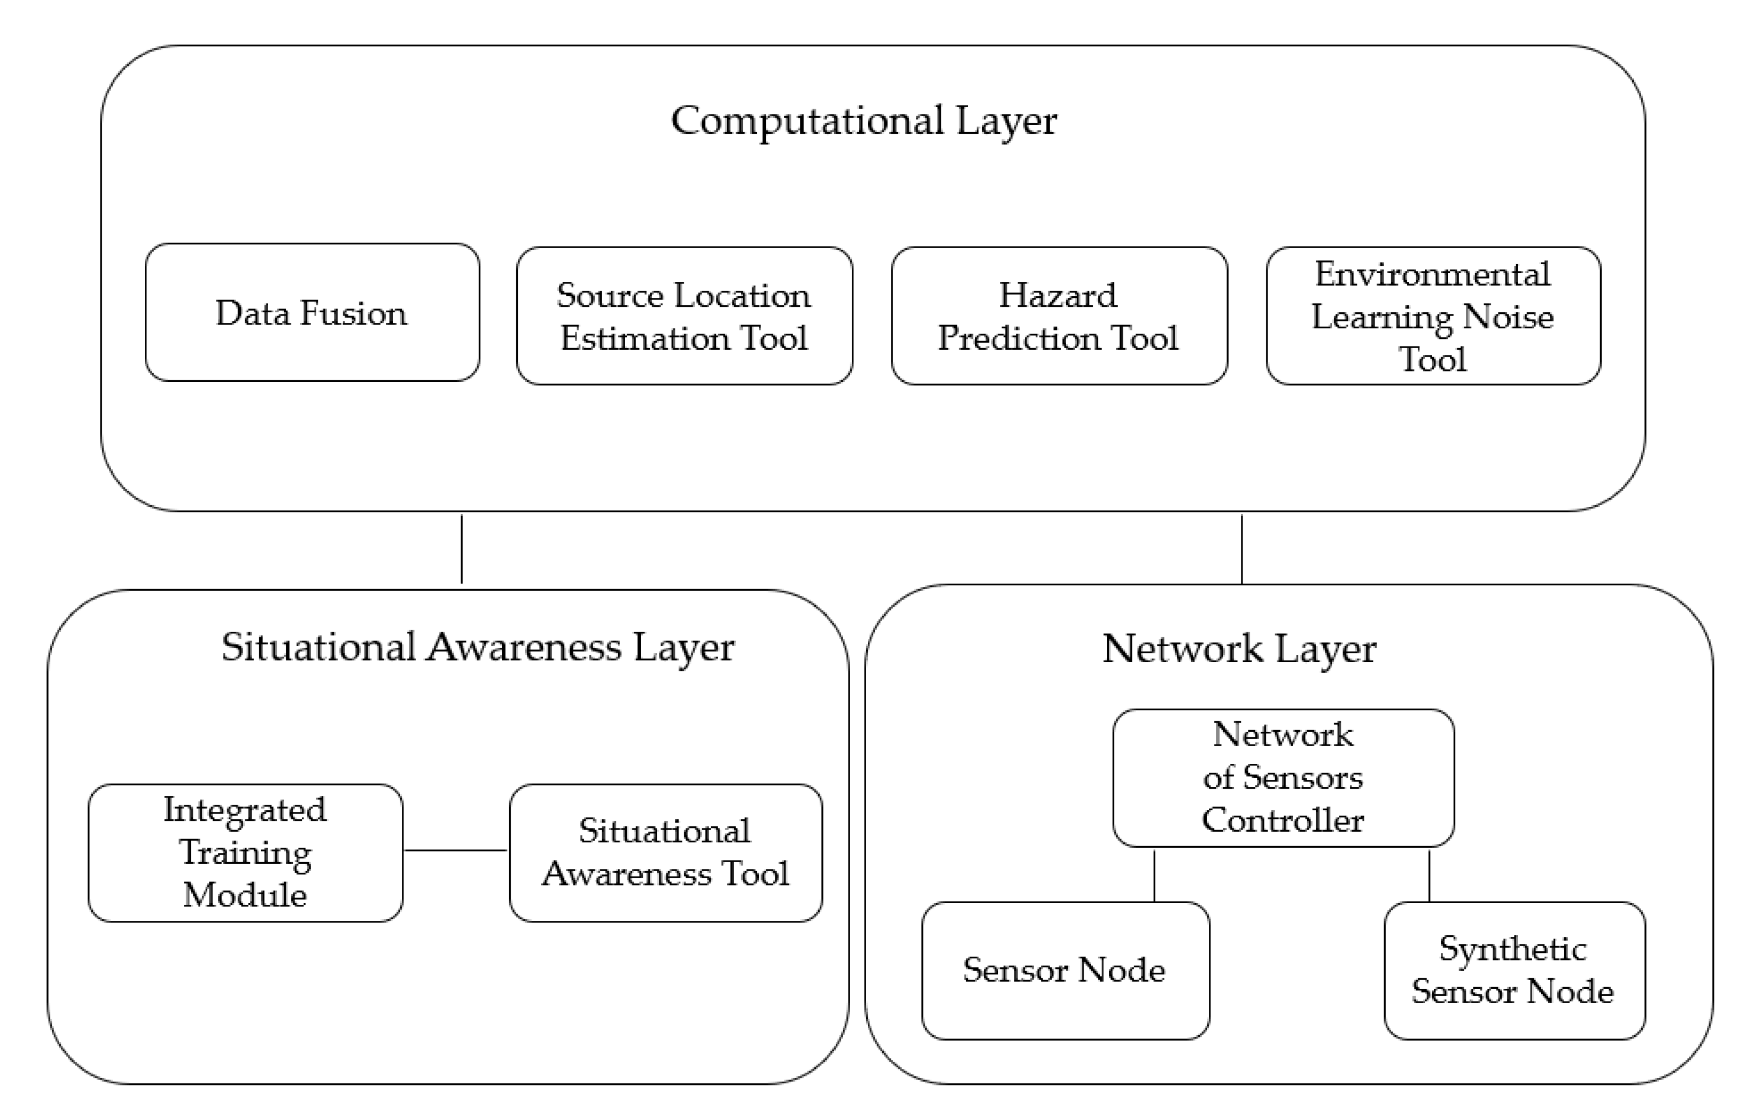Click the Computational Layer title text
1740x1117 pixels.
[x=863, y=121]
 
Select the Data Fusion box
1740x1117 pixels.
[x=312, y=313]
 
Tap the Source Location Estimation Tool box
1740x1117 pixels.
[x=684, y=316]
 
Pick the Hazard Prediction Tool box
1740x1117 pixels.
[x=1059, y=316]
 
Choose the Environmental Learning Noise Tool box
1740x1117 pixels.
[x=1433, y=316]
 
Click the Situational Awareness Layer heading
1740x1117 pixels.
[x=477, y=647]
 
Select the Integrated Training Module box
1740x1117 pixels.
[x=245, y=852]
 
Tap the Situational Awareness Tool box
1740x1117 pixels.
[x=665, y=852]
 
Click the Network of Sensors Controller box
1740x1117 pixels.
[x=1282, y=778]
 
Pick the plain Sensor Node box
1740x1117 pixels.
[x=1065, y=971]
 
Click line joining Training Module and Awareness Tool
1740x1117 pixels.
[x=455, y=850]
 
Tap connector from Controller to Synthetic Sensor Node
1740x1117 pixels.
[x=1429, y=875]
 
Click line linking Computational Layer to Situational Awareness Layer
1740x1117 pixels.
[x=462, y=549]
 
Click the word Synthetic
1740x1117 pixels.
[x=1512, y=950]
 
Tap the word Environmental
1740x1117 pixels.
[x=1433, y=274]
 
